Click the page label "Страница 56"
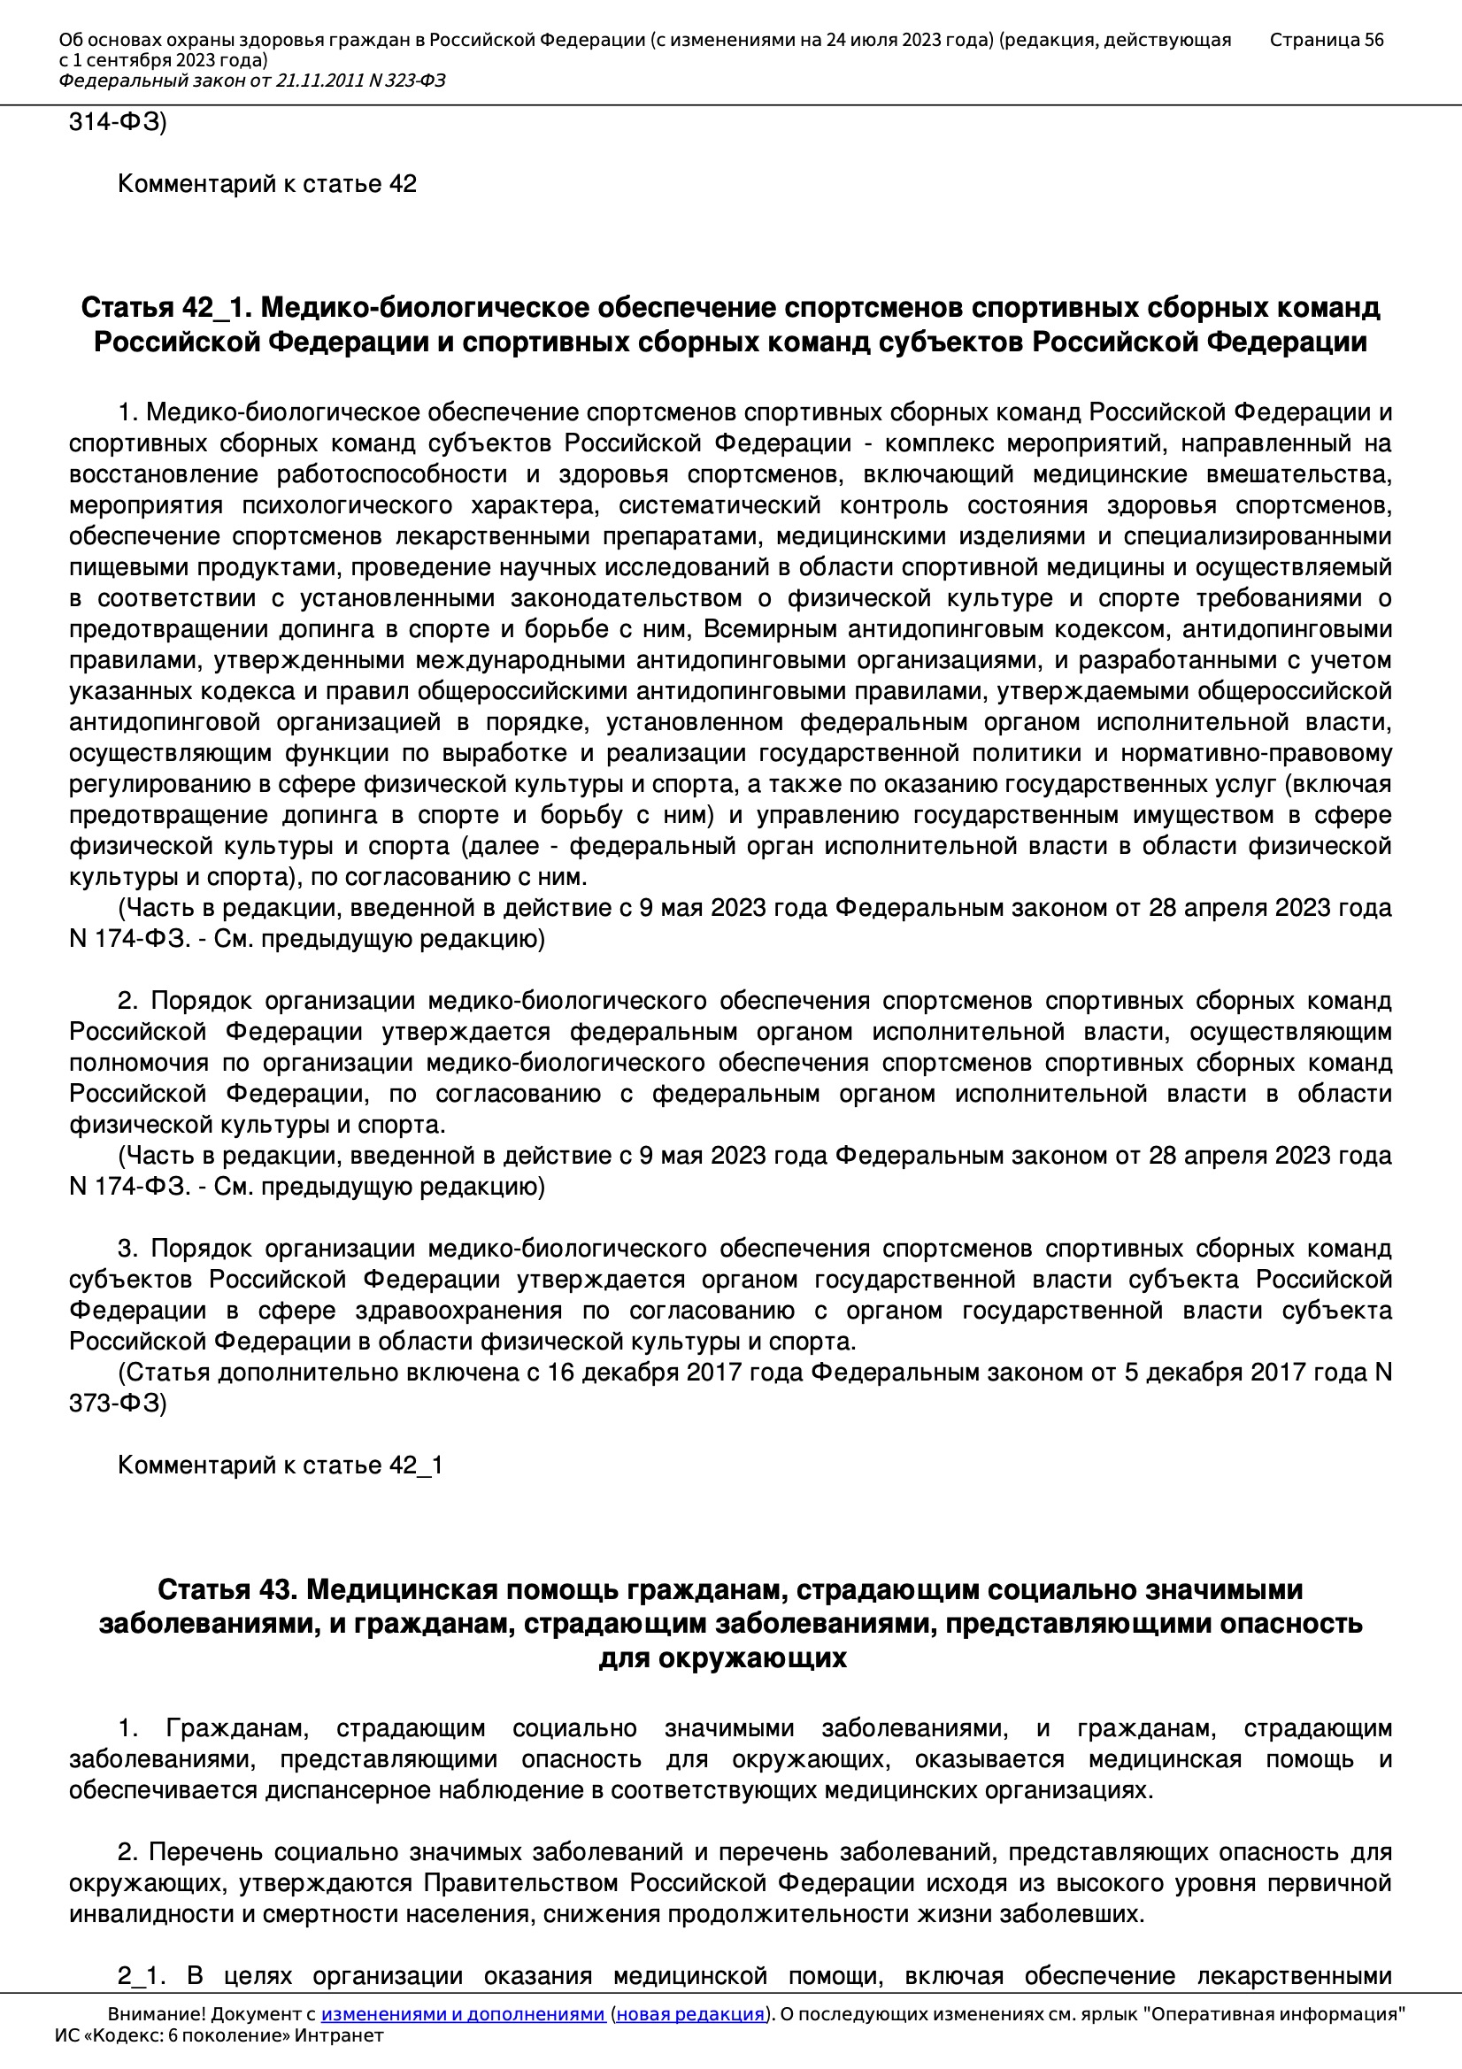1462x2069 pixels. pyautogui.click(x=1326, y=40)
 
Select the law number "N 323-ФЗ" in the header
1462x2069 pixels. pyautogui.click(x=406, y=81)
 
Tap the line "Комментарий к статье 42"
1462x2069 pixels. pyautogui.click(x=266, y=184)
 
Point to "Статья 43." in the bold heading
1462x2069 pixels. pyautogui.click(x=227, y=1589)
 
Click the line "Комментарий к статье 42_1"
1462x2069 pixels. pyautogui.click(x=280, y=1465)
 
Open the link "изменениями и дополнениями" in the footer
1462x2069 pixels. pyautogui.click(x=462, y=2014)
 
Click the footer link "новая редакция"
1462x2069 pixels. pyautogui.click(x=689, y=2014)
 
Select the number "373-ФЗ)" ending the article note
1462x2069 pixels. pyautogui.click(x=117, y=1403)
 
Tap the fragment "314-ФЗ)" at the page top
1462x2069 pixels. pyautogui.click(x=117, y=121)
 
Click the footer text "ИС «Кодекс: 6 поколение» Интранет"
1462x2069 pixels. pyautogui.click(x=219, y=2035)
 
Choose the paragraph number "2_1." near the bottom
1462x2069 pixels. pyautogui.click(x=142, y=1976)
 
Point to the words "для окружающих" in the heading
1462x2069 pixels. pyautogui.click(x=722, y=1658)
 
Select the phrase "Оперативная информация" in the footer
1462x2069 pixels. pyautogui.click(x=1273, y=2014)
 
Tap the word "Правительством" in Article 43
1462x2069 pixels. pyautogui.click(x=523, y=1883)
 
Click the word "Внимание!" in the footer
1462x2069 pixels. pyautogui.click(x=154, y=2014)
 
